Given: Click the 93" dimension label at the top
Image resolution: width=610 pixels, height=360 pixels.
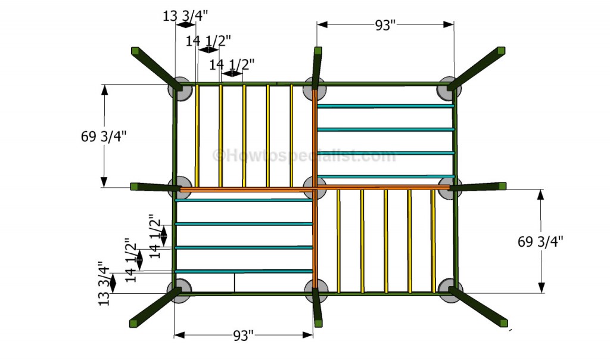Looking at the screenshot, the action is click(x=385, y=25).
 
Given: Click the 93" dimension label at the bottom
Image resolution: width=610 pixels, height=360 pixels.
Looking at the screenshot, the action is click(x=243, y=335).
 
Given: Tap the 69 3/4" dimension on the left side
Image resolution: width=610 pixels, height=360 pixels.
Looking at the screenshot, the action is click(x=104, y=136).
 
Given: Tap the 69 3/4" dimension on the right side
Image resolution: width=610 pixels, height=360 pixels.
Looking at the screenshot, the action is click(x=540, y=241).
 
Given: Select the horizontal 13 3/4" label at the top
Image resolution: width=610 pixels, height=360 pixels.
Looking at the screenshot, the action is click(x=185, y=16).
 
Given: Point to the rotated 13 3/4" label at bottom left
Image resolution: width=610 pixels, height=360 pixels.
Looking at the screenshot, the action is click(x=104, y=283).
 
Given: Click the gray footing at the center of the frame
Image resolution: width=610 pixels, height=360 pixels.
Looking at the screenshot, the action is click(x=315, y=188).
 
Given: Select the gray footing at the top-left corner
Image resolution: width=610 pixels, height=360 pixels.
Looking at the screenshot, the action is click(x=180, y=89).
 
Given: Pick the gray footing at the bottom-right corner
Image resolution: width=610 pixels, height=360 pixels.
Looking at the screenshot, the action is click(x=450, y=290).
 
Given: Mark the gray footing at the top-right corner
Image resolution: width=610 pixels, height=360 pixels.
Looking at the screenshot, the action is click(x=449, y=89).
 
